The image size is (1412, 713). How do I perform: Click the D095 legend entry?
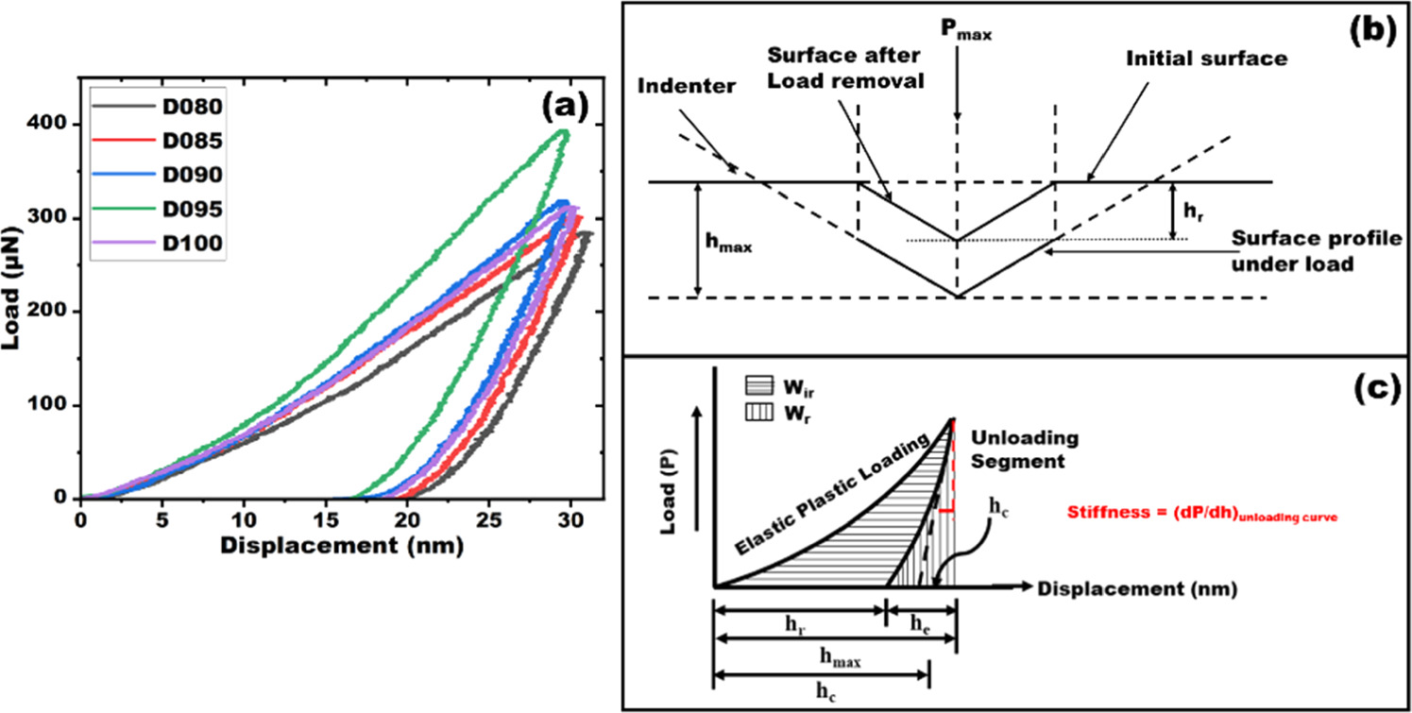[155, 209]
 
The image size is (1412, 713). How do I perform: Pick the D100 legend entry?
[155, 243]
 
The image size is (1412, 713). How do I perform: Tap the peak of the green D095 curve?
[564, 131]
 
